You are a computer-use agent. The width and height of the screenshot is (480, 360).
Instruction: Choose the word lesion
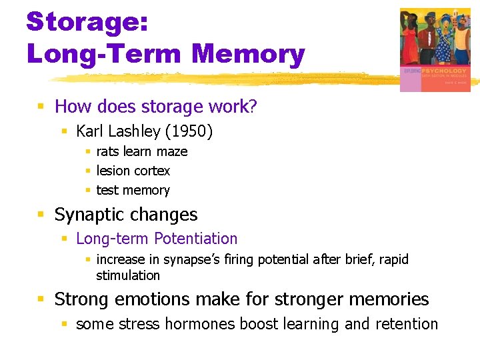tap(113, 171)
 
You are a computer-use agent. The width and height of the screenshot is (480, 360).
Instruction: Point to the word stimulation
tap(128, 275)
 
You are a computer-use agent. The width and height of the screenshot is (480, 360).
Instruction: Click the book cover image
tap(435, 49)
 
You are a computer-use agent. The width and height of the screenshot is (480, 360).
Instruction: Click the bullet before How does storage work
tap(41, 107)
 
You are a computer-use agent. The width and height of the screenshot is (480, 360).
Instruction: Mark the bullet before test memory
tap(88, 191)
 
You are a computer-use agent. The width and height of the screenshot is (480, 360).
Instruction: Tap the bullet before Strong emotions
tap(41, 300)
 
